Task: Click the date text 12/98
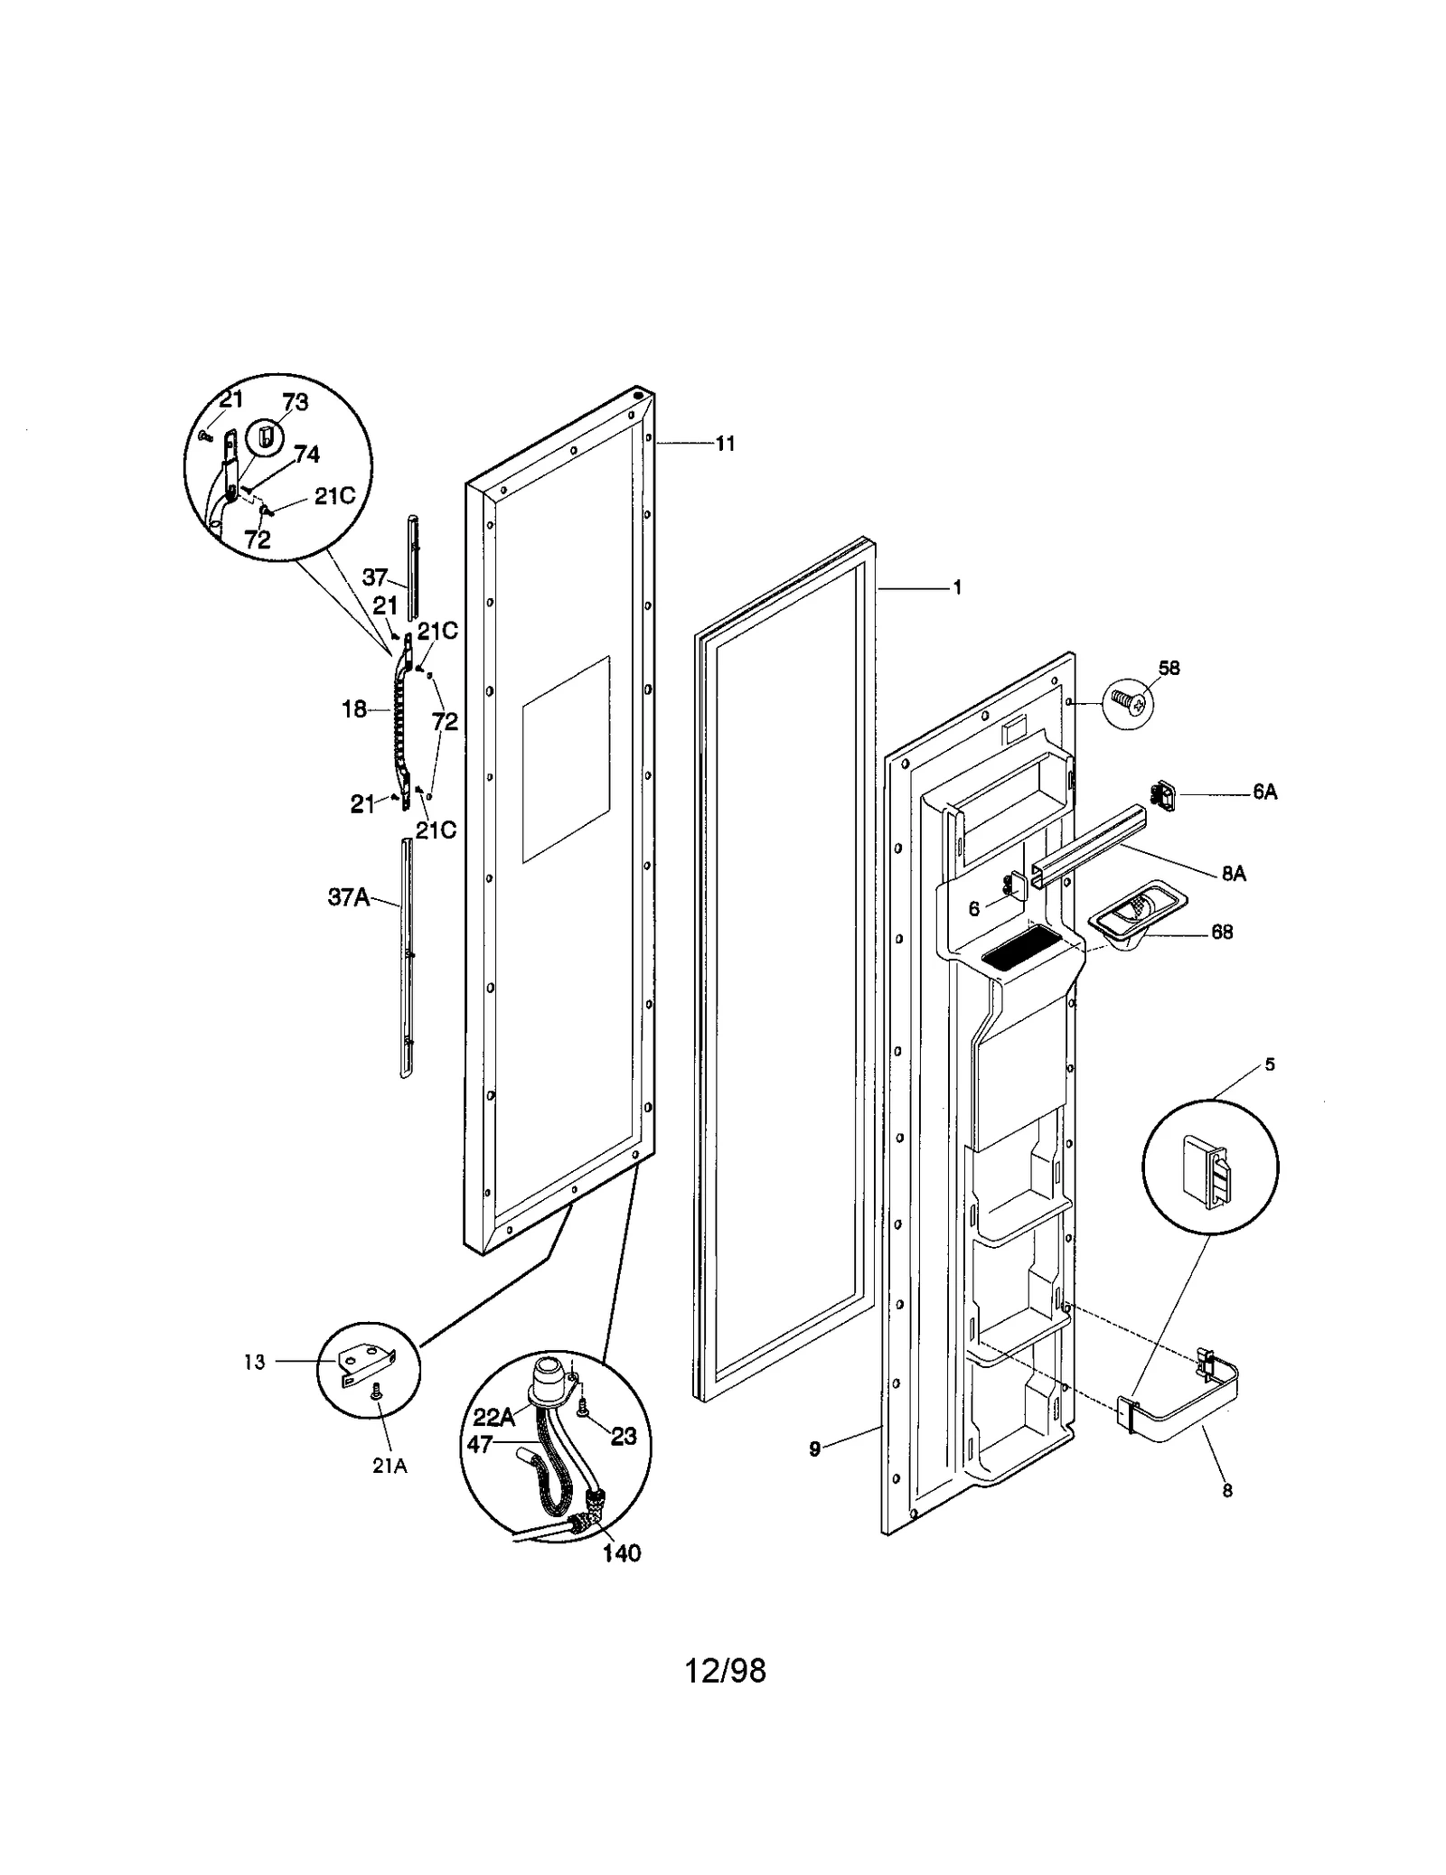point(724,1672)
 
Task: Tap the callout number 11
point(725,444)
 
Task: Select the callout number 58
point(1169,668)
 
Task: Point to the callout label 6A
point(1264,792)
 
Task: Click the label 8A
point(1233,874)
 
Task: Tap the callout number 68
point(1222,932)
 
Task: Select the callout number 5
point(1269,1065)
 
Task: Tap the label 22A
point(493,1417)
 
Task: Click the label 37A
point(348,897)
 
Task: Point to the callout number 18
point(353,709)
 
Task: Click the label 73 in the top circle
point(295,402)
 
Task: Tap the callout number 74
point(306,455)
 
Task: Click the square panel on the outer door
point(566,759)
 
